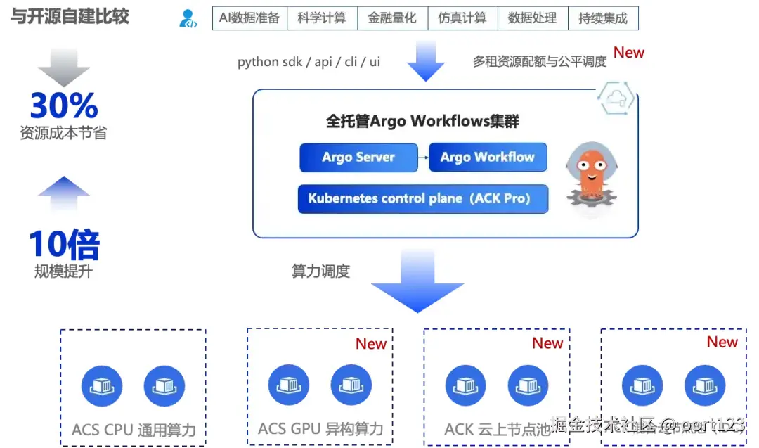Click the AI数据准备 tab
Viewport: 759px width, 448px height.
tap(249, 18)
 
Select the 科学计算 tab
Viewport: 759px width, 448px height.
tap(322, 18)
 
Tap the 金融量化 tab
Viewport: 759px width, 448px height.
tap(392, 18)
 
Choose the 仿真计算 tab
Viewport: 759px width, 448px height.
tap(462, 18)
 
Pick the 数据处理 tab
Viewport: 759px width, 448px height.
tap(532, 18)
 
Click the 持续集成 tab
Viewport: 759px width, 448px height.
tap(603, 18)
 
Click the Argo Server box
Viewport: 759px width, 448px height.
tap(358, 158)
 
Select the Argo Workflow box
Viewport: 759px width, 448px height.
tap(488, 158)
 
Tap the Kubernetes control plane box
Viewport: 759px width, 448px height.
tap(419, 198)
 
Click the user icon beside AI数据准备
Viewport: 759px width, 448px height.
tap(188, 18)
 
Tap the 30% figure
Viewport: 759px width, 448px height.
tap(64, 105)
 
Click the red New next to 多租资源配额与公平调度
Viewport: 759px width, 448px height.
tap(629, 53)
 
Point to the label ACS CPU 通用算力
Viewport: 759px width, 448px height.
tap(134, 430)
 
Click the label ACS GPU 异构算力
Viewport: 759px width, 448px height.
tap(320, 428)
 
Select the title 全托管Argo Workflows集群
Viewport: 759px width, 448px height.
tap(422, 121)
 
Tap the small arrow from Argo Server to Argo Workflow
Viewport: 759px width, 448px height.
tap(422, 158)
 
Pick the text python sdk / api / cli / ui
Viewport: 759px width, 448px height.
tap(309, 62)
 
